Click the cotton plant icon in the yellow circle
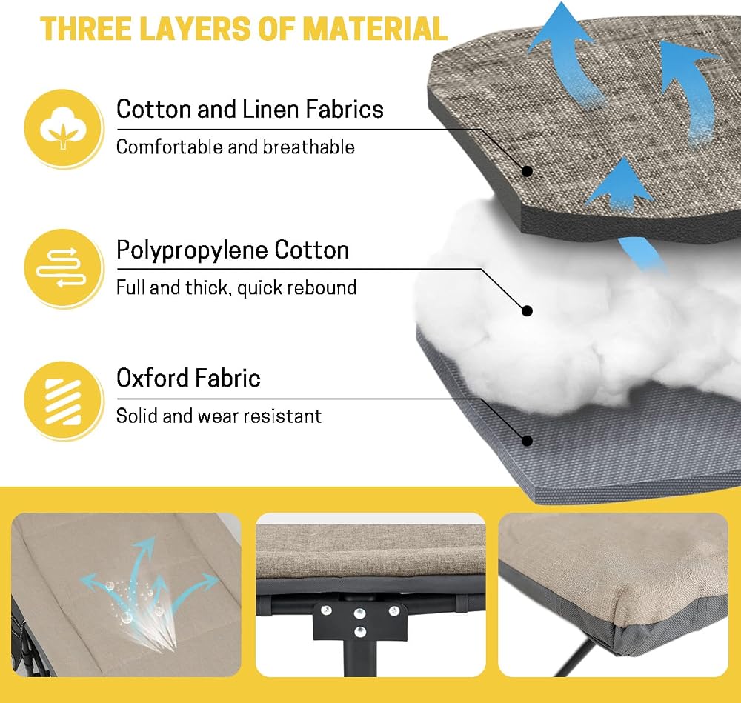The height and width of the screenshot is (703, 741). pyautogui.click(x=63, y=128)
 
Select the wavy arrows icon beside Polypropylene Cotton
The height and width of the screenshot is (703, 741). pyautogui.click(x=62, y=267)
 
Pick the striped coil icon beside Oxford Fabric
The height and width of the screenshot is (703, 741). pyautogui.click(x=63, y=402)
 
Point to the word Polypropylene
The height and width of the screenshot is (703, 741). pyautogui.click(x=192, y=251)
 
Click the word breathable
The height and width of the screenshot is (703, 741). pyautogui.click(x=308, y=147)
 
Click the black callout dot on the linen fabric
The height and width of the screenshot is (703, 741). pyautogui.click(x=527, y=171)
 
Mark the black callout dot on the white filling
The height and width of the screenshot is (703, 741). pyautogui.click(x=527, y=311)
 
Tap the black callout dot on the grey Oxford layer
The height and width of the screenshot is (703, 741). pyautogui.click(x=527, y=441)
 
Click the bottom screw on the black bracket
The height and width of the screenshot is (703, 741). pyautogui.click(x=360, y=631)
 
